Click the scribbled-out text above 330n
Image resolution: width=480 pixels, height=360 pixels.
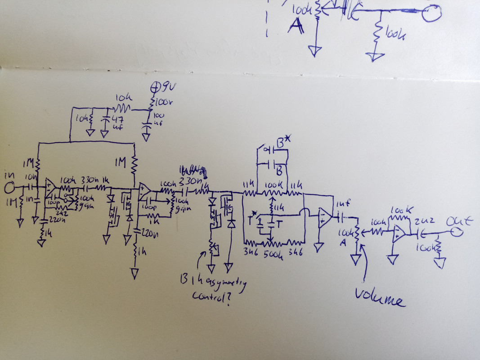click(193, 171)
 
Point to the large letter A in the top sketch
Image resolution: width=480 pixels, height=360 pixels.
click(296, 27)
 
